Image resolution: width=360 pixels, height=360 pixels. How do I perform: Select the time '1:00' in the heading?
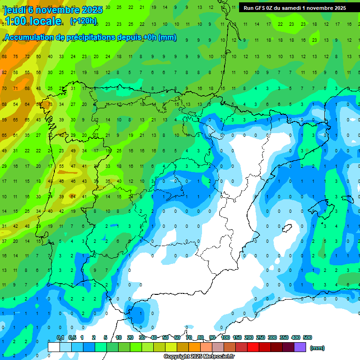click(16, 21)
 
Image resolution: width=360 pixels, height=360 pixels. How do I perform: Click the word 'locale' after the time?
click(47, 21)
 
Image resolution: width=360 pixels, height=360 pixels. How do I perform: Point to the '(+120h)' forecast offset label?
click(83, 21)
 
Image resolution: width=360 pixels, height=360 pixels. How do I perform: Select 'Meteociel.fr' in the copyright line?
click(217, 357)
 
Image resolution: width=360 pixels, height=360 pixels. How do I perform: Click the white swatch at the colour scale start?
click(54, 347)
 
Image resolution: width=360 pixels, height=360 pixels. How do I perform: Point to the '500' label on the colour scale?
click(307, 337)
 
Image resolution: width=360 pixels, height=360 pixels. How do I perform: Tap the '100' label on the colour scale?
click(225, 337)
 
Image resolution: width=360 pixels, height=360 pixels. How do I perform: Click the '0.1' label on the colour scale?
click(60, 337)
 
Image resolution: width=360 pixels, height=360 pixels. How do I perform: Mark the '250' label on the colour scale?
click(260, 337)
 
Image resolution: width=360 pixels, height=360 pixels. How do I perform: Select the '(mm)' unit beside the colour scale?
click(317, 348)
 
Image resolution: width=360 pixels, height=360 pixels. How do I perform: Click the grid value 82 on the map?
click(4, 72)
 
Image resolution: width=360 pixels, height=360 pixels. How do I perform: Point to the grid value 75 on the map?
click(15, 56)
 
